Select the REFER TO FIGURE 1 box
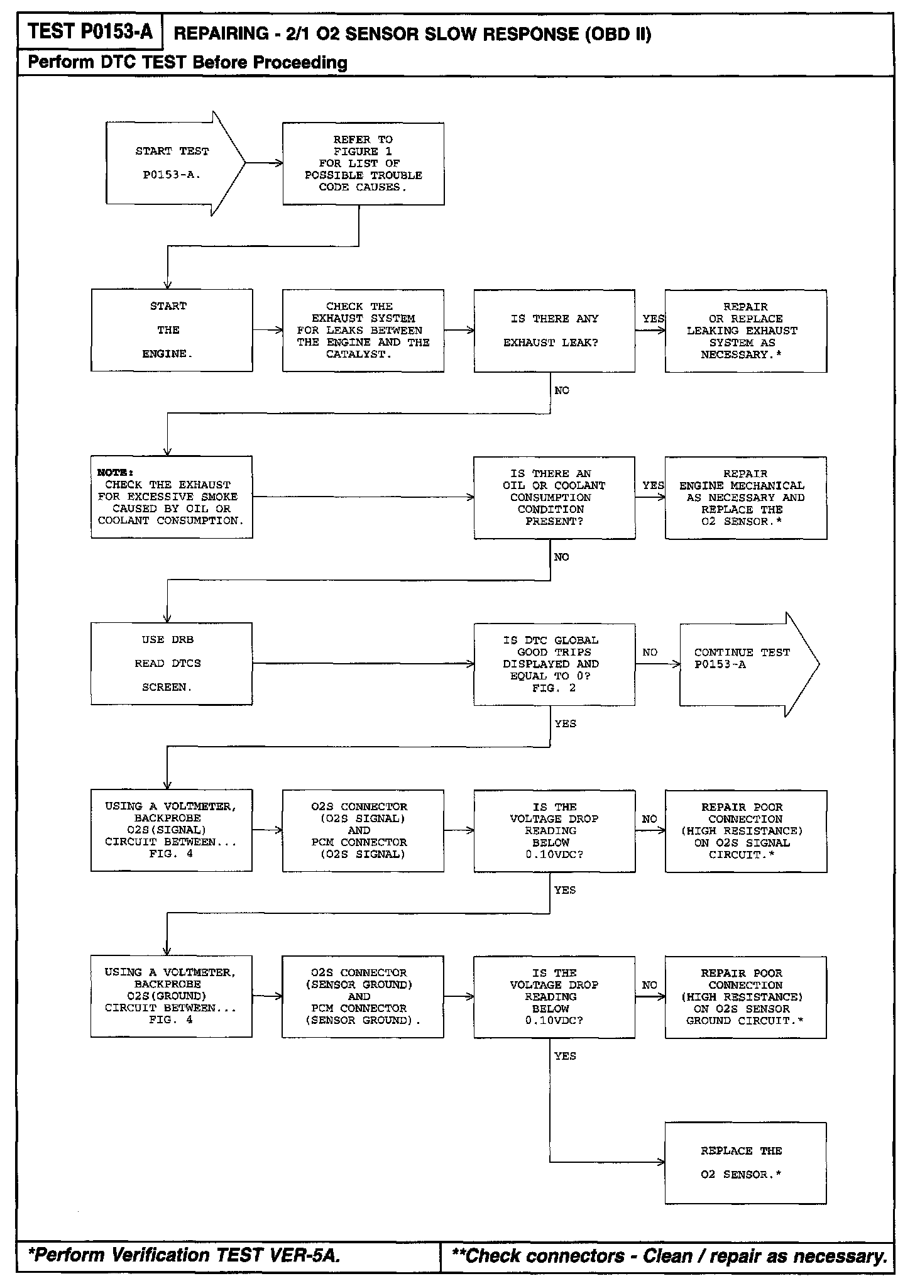tap(363, 163)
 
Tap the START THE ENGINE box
tap(172, 330)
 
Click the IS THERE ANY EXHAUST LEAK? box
tap(554, 331)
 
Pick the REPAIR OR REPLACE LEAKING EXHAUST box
tap(745, 331)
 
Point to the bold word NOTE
tap(115, 472)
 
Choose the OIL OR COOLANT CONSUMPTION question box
tap(554, 497)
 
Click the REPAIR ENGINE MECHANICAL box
tap(745, 497)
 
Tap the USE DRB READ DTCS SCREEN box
tap(172, 664)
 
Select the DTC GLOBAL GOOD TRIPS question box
tap(554, 664)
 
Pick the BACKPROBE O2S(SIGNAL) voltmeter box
tap(172, 830)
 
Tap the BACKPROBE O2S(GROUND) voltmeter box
tap(172, 996)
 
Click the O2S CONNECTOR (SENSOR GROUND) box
tap(363, 996)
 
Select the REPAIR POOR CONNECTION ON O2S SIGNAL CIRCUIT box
tap(745, 831)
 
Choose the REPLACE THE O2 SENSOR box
tap(745, 1163)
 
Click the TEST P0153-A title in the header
tap(90, 31)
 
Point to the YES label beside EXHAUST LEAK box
tap(653, 319)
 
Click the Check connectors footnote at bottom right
tap(669, 1256)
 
